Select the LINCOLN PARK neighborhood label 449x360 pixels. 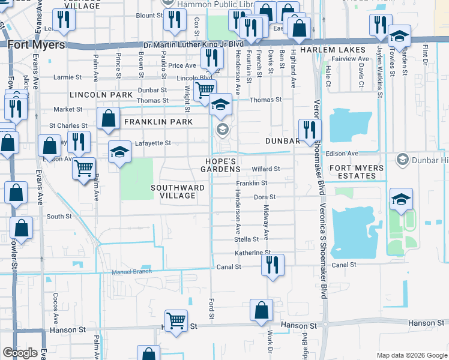[101, 95]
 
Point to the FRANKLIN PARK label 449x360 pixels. [158, 122]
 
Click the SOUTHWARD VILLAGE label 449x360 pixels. [178, 191]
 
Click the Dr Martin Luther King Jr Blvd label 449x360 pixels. [185, 44]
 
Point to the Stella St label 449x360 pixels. [247, 239]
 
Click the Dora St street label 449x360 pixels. [264, 197]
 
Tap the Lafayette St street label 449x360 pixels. [153, 143]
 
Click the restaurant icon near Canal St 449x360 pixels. [273, 265]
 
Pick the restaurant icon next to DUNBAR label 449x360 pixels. [310, 130]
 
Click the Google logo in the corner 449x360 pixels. [20, 353]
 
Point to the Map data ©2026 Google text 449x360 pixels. [411, 355]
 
